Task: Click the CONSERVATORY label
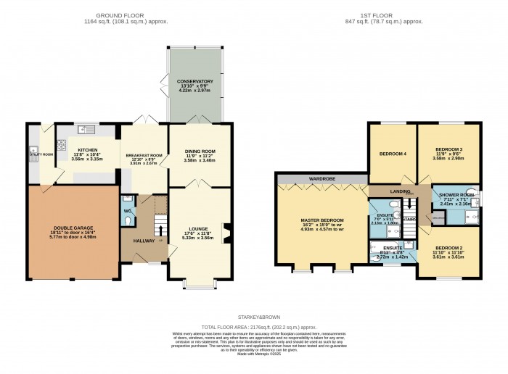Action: click(x=195, y=81)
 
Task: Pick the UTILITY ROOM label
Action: click(x=41, y=154)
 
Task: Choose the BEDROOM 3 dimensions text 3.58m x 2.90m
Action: click(x=448, y=157)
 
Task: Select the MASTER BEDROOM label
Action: click(x=322, y=220)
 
